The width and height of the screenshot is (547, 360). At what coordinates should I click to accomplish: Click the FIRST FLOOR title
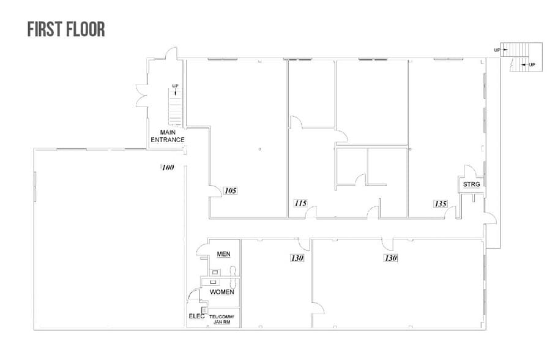click(x=66, y=29)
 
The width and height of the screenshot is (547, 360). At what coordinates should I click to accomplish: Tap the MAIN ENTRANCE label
click(x=168, y=136)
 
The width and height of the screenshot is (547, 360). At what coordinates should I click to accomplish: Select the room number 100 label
click(x=168, y=167)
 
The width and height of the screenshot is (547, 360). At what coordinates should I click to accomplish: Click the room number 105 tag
click(x=230, y=190)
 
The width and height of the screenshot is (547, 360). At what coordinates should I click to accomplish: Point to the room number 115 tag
click(x=300, y=203)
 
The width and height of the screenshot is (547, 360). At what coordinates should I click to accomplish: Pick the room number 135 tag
click(x=440, y=204)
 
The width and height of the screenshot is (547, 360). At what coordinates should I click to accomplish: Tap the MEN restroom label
click(x=223, y=254)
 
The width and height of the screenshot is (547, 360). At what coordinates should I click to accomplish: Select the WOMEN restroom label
click(x=221, y=292)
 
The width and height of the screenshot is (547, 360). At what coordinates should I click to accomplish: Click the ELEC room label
click(x=196, y=316)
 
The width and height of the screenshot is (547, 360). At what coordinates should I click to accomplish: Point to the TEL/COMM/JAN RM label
click(x=221, y=319)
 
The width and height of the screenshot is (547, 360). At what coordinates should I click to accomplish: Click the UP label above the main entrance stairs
click(x=176, y=86)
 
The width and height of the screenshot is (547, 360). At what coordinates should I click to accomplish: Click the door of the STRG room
click(x=470, y=171)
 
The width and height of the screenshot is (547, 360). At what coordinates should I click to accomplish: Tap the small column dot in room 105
click(x=260, y=149)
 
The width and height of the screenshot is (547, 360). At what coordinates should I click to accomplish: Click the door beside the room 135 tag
click(x=451, y=212)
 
